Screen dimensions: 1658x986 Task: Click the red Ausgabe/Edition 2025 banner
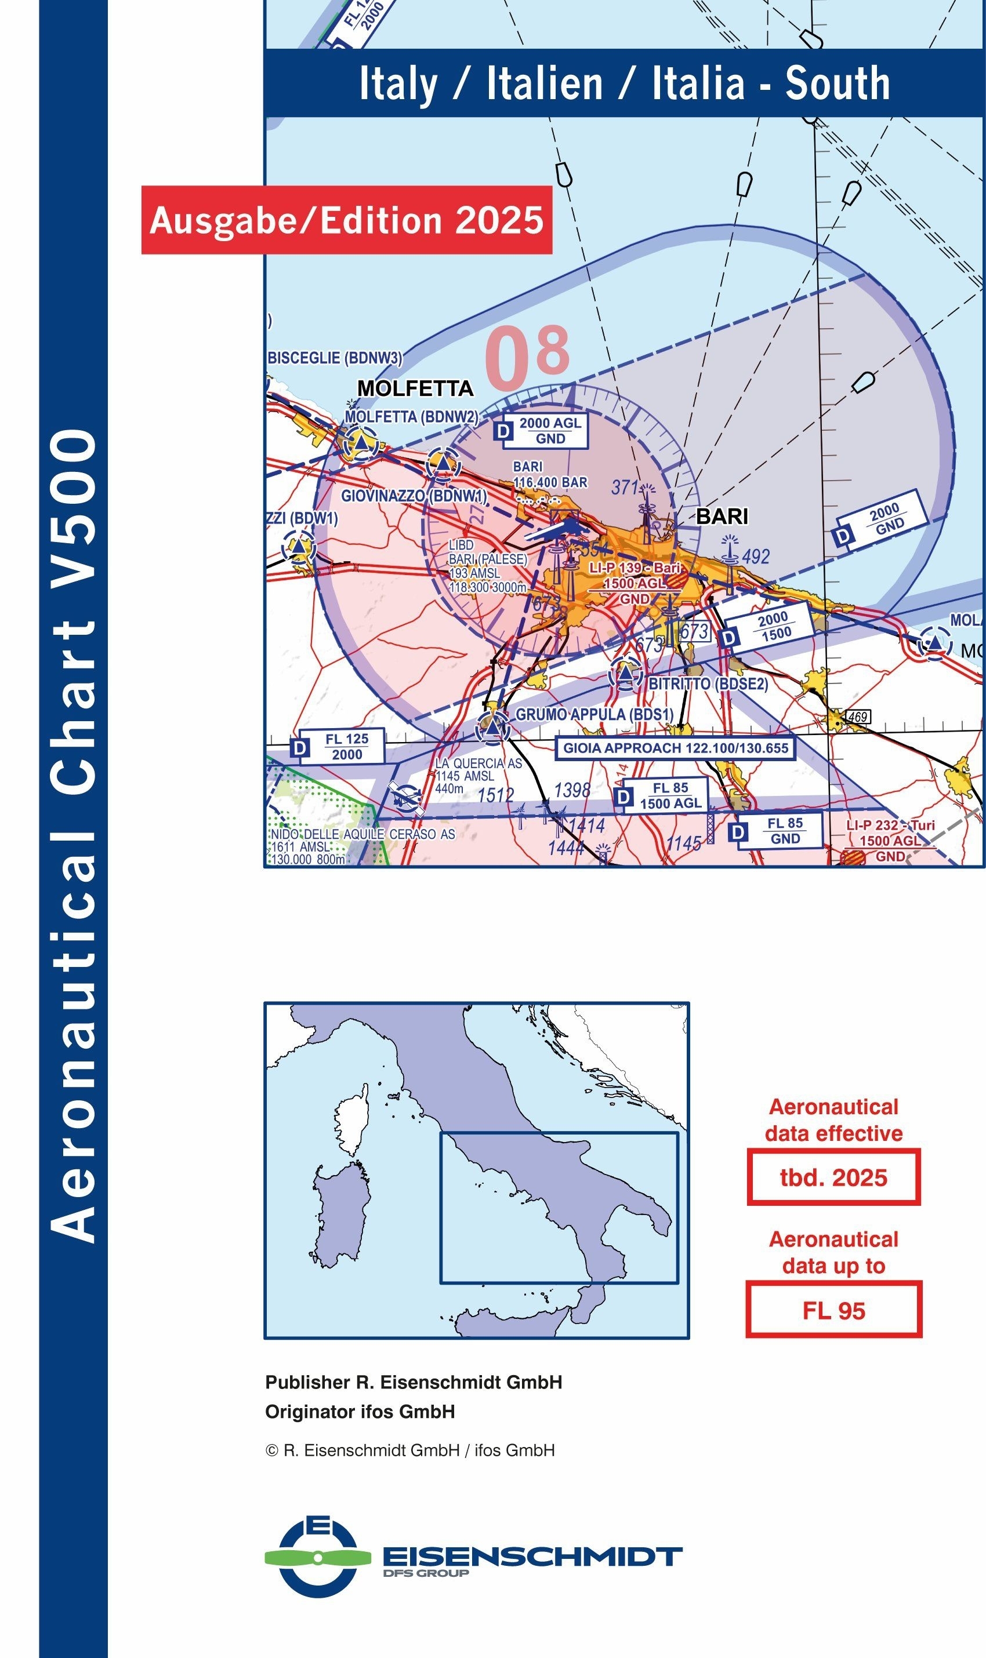pyautogui.click(x=346, y=220)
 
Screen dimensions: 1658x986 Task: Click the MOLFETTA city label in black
pyautogui.click(x=415, y=388)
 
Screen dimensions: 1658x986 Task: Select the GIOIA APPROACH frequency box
pyautogui.click(x=675, y=748)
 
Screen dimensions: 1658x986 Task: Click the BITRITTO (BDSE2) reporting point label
pyautogui.click(x=708, y=683)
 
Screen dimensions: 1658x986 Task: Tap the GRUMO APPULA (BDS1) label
pyautogui.click(x=594, y=714)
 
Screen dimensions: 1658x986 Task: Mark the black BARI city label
pyautogui.click(x=722, y=516)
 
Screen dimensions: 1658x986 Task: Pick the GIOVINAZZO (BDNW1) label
pyautogui.click(x=414, y=496)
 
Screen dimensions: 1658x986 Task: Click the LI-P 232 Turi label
pyautogui.click(x=890, y=826)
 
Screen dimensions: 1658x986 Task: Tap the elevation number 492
pyautogui.click(x=755, y=557)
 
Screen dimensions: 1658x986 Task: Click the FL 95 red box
pyautogui.click(x=833, y=1310)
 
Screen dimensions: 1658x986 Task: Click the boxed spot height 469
pyautogui.click(x=857, y=717)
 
